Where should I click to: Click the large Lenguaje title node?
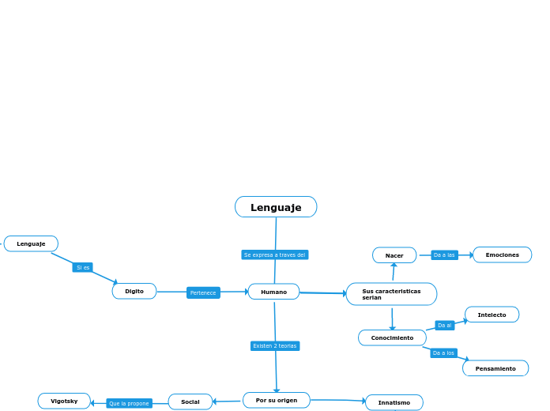coord(276,207)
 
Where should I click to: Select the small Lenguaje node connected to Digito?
coord(31,243)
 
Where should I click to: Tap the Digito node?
coord(134,291)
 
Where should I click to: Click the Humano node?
coord(273,292)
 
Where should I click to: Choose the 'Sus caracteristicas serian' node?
coord(391,294)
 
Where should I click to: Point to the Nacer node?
coord(394,255)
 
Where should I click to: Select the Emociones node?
coord(502,255)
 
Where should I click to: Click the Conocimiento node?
coord(392,337)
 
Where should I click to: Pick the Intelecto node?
coord(492,315)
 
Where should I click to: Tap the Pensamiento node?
coord(495,368)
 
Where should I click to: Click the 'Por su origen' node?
coord(277,400)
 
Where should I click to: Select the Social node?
coord(190,402)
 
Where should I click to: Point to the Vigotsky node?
coord(64,401)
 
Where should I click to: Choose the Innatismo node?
coord(394,402)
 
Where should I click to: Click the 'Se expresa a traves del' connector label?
coord(274,255)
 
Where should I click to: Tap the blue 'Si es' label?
coord(83,267)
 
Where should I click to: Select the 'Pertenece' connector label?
coord(203,292)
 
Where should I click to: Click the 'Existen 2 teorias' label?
coord(275,345)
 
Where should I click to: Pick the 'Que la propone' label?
coord(129,403)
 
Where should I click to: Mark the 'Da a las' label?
coord(444,255)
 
